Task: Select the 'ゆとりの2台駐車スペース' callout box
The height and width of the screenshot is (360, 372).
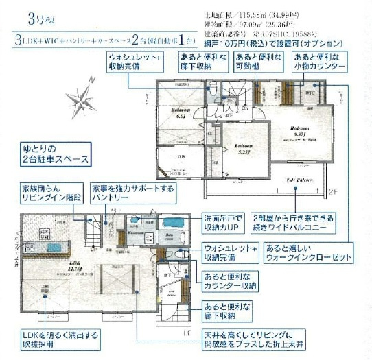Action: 54,154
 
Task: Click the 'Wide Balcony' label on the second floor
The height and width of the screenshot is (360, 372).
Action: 300,180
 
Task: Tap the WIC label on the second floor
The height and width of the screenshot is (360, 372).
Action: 310,91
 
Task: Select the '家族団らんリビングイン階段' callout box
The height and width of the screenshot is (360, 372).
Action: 51,192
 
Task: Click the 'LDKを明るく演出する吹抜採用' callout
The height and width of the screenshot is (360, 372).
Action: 59,340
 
